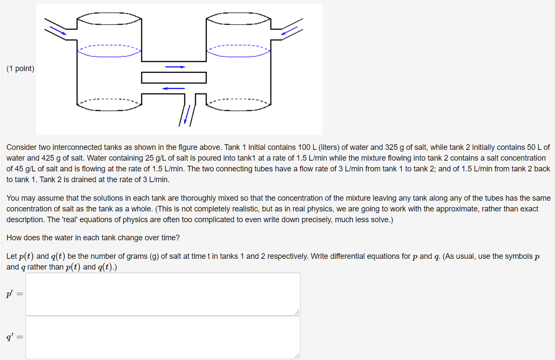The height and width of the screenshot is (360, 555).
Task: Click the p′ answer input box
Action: pos(163,294)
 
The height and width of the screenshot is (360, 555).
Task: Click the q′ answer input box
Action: pos(163,337)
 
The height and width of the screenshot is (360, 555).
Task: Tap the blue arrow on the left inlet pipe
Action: pos(58,30)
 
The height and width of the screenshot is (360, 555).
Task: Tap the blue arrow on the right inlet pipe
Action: pos(289,31)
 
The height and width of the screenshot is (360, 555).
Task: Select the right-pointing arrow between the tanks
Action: pos(175,67)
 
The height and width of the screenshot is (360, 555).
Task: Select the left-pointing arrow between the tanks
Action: pos(174,88)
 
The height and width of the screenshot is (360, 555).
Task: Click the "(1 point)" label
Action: pos(20,68)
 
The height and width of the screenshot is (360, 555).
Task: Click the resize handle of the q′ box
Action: pos(297,356)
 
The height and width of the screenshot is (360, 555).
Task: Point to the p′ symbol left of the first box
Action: pos(9,294)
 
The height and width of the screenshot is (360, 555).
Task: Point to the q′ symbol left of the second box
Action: pos(9,338)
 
